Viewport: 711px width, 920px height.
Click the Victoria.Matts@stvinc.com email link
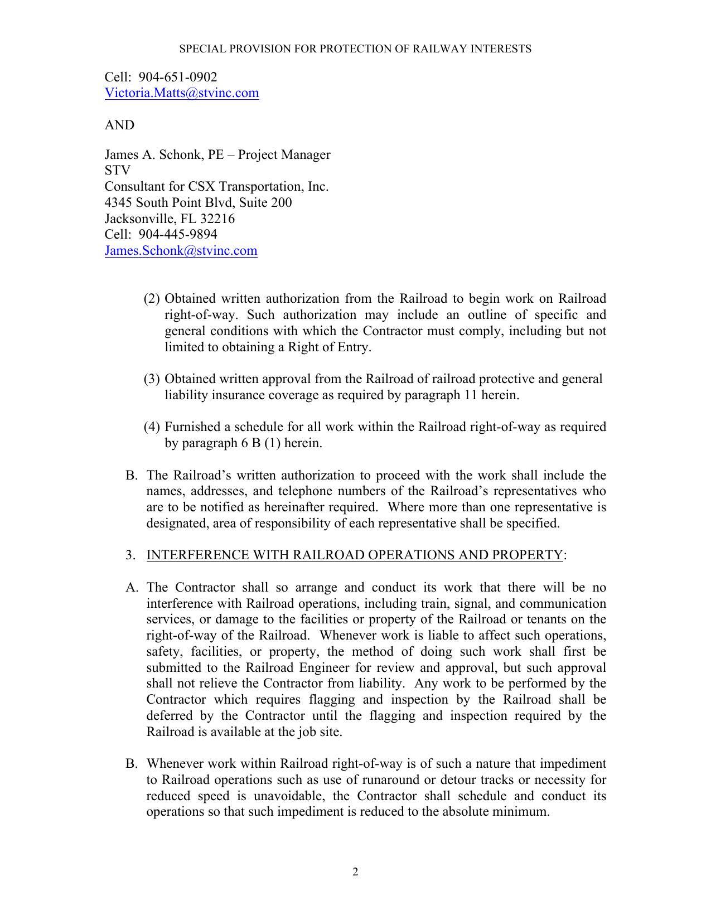182,93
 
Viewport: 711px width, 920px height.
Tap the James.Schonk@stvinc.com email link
181,251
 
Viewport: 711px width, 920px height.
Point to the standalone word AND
119,125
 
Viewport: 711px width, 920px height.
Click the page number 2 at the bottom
355,872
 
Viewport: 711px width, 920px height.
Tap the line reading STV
118,171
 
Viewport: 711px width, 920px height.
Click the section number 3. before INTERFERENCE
130,555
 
